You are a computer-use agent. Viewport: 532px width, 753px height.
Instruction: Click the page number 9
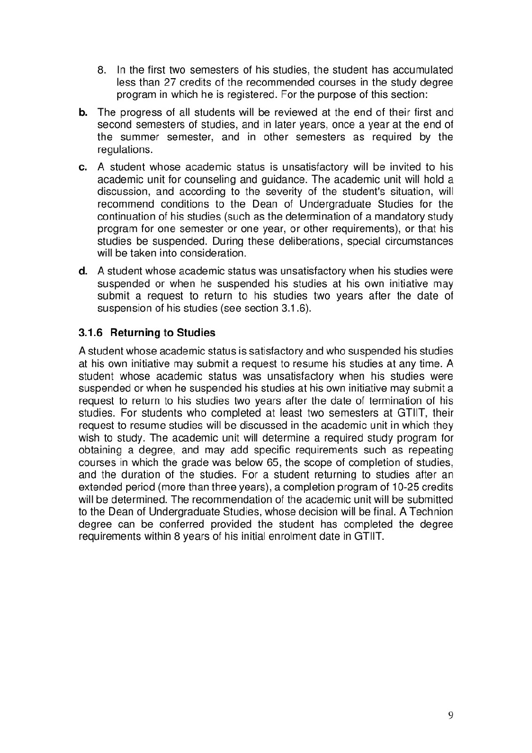point(451,716)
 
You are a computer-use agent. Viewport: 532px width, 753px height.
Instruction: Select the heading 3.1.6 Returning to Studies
point(147,333)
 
